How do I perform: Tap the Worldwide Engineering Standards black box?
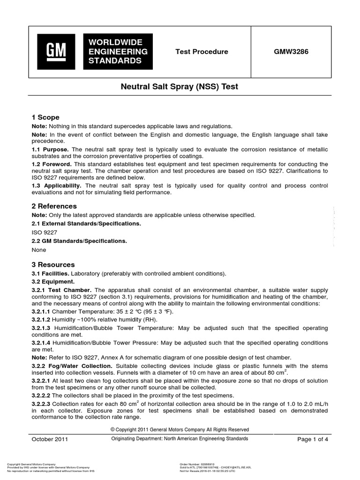(x=118, y=52)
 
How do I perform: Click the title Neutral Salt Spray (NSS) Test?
(x=180, y=87)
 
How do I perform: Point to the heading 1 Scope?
(x=45, y=117)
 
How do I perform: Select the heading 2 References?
(x=54, y=206)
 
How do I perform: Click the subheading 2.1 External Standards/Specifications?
(x=86, y=224)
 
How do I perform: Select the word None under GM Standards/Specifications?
(x=39, y=250)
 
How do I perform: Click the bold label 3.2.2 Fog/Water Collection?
(x=72, y=365)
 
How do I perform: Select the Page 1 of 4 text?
(x=314, y=439)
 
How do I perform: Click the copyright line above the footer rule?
(x=180, y=429)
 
